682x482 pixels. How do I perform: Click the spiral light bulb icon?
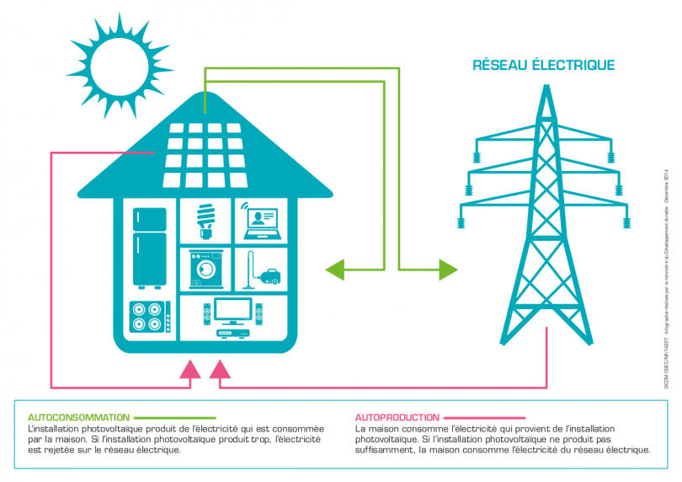click(205, 221)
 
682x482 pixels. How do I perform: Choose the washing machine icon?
click(205, 269)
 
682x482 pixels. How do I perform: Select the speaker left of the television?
click(206, 315)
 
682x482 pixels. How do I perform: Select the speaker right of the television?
click(258, 315)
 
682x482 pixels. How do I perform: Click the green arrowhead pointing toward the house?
click(335, 270)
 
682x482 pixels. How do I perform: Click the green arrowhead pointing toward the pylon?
click(448, 270)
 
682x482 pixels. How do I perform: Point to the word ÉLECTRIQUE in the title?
click(577, 65)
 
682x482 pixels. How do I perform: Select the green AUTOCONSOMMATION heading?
click(78, 417)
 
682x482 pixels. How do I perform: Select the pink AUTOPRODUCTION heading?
click(397, 417)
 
